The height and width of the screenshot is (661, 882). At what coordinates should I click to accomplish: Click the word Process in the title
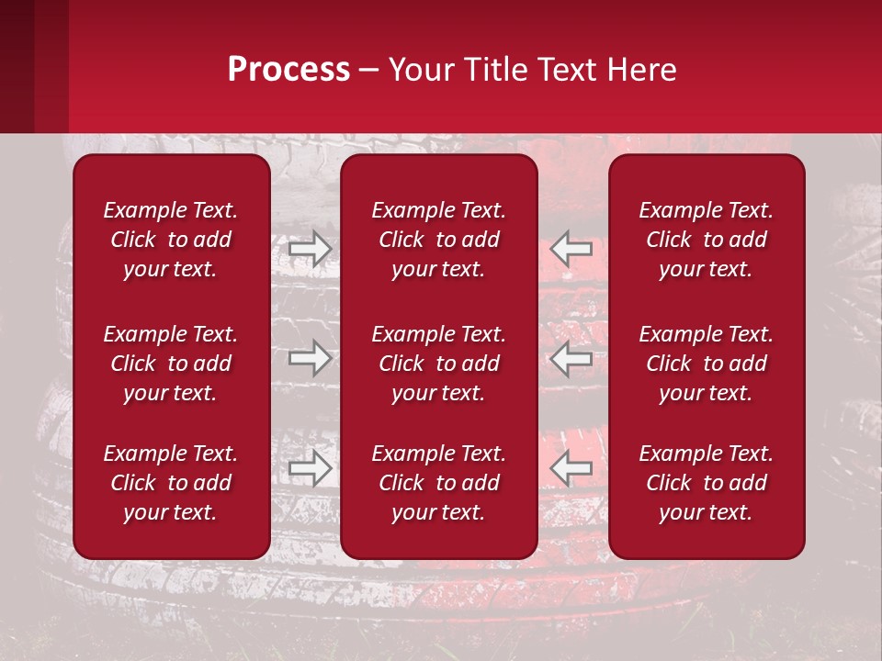(288, 70)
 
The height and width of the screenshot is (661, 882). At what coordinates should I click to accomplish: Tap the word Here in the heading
(643, 70)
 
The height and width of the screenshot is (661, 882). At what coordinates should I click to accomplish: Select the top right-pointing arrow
(311, 248)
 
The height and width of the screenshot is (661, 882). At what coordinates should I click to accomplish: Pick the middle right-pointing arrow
(311, 358)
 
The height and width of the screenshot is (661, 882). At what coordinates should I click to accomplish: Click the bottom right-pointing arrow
(311, 468)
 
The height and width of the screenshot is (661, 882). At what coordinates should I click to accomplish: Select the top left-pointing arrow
(571, 248)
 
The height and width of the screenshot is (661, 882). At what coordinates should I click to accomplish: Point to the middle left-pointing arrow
(571, 358)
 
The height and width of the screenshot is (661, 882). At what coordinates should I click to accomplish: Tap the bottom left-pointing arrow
(571, 468)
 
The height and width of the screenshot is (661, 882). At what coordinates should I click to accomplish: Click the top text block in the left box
(171, 240)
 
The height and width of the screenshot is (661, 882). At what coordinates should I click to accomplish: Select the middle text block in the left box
(171, 364)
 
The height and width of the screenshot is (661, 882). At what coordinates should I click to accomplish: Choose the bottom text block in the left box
(171, 483)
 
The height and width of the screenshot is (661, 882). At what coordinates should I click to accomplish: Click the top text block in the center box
(438, 240)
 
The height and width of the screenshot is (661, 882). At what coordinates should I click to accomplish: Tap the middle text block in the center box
(438, 364)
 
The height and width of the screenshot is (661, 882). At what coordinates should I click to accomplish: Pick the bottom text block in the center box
(438, 483)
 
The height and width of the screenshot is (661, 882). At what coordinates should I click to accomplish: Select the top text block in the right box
(706, 240)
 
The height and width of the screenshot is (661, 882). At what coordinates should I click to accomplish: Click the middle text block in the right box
(706, 364)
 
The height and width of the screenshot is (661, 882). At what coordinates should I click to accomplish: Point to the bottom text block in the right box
(706, 483)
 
